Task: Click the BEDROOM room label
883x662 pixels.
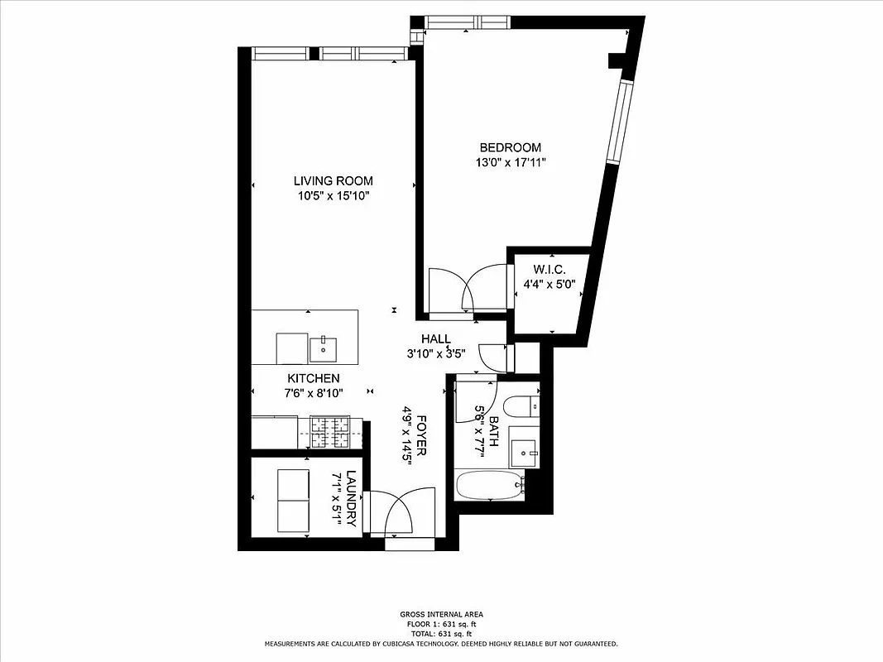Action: click(x=510, y=147)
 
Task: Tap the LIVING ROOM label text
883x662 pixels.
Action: click(x=333, y=180)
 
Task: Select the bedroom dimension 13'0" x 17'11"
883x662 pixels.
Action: click(x=510, y=163)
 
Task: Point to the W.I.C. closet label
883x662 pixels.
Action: click(x=549, y=268)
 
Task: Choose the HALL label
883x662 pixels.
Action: click(x=435, y=338)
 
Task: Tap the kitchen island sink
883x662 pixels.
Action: click(x=323, y=349)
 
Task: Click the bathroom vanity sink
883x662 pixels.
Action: click(x=523, y=450)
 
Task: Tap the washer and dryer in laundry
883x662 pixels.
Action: click(x=291, y=500)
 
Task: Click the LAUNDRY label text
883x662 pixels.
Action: click(x=352, y=499)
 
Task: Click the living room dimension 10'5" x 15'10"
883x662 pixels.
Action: click(x=333, y=196)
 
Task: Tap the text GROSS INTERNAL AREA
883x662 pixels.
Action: click(x=440, y=614)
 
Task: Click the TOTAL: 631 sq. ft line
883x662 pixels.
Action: click(x=440, y=633)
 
